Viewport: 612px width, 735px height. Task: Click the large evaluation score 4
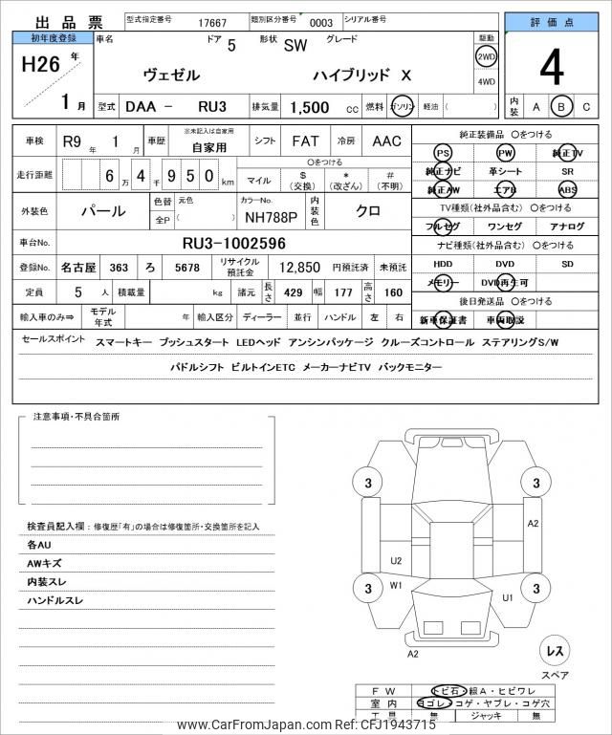tap(551, 68)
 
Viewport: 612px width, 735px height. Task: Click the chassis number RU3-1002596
tap(234, 244)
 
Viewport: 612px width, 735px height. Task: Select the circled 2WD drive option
tap(485, 56)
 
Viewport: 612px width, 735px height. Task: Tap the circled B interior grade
tap(562, 107)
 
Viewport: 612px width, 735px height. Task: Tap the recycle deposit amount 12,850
tap(298, 270)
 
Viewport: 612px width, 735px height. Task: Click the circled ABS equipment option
tap(568, 190)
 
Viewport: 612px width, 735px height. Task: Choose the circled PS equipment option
tap(443, 153)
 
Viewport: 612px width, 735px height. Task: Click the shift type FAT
tap(305, 141)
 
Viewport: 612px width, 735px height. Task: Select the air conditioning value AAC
tap(386, 141)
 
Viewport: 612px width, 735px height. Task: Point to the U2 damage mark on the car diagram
tap(396, 561)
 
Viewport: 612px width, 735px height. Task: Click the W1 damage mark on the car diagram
tap(396, 585)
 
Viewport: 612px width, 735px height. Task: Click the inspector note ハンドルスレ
tap(55, 600)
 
